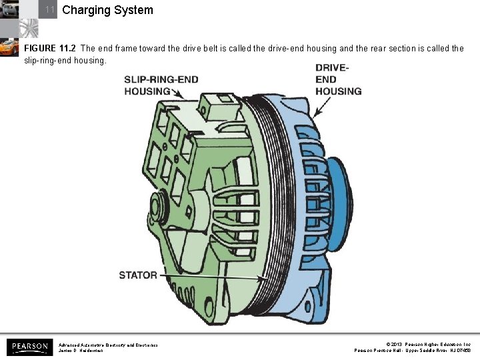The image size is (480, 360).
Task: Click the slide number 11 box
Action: (49, 10)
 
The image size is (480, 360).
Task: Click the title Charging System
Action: (107, 10)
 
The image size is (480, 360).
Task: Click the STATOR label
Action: (138, 275)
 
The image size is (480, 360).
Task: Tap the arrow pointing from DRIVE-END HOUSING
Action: (322, 106)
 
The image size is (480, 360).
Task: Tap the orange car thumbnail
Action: (9, 47)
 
